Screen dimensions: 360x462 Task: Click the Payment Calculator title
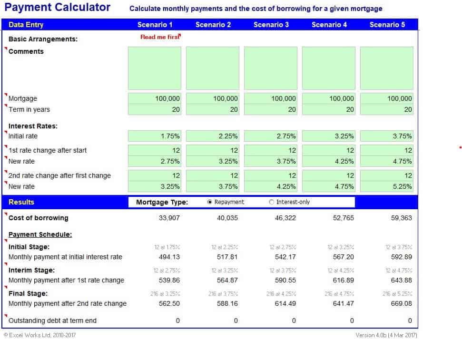57,8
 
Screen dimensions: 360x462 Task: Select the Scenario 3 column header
271,25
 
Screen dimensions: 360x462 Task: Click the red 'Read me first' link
160,37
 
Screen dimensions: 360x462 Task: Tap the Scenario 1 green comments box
155,68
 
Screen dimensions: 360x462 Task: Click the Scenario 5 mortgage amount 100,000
387,98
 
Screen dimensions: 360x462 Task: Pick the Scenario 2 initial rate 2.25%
213,136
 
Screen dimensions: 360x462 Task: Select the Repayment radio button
210,202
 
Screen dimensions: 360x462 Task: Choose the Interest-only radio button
272,202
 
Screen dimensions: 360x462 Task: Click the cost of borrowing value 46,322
285,218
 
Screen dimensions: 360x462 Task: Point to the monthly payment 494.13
169,257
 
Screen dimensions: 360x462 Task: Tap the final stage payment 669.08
401,303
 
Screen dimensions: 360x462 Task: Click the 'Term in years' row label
29,109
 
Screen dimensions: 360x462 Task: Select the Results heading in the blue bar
21,202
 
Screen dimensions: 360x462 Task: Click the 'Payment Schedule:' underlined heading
40,234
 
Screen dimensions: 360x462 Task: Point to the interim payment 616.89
343,280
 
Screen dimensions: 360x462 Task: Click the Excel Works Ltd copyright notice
39,335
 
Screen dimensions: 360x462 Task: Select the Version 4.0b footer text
386,335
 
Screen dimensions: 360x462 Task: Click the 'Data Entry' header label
26,25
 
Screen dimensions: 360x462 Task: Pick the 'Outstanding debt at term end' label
52,321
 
